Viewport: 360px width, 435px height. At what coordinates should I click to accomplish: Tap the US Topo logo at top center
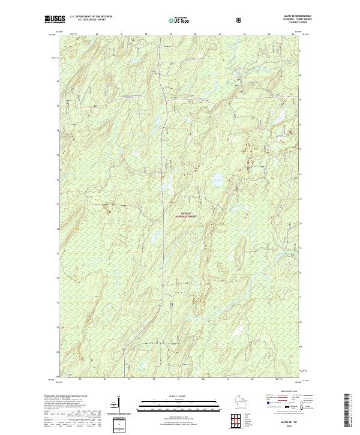(180, 20)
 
